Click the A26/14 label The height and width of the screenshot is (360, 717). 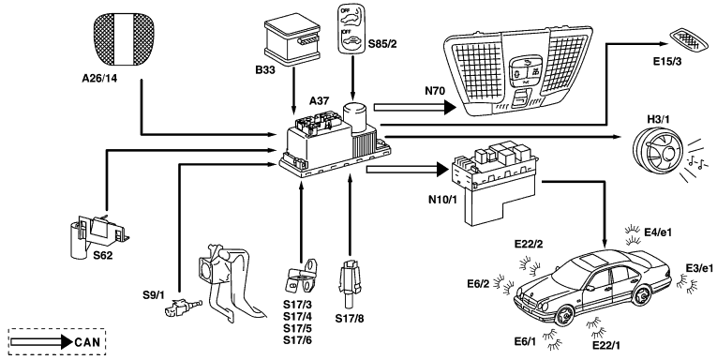tap(99, 78)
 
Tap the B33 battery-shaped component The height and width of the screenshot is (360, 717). tap(292, 40)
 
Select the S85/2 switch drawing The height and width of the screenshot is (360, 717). tap(351, 30)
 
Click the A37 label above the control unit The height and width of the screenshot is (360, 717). tap(319, 100)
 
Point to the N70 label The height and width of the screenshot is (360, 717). tap(435, 91)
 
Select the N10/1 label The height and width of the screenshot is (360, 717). tap(441, 200)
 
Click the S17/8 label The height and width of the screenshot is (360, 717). tap(350, 319)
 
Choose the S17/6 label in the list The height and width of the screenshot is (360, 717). tap(297, 340)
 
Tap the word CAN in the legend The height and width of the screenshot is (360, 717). tap(87, 342)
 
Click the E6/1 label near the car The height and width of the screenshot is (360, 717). tap(525, 342)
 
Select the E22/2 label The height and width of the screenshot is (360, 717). tap(529, 244)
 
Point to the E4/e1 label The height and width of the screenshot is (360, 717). tap(658, 232)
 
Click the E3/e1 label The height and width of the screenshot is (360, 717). tap(699, 268)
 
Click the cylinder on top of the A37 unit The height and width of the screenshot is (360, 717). tap(354, 118)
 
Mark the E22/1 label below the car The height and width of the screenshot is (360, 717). tap(606, 345)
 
